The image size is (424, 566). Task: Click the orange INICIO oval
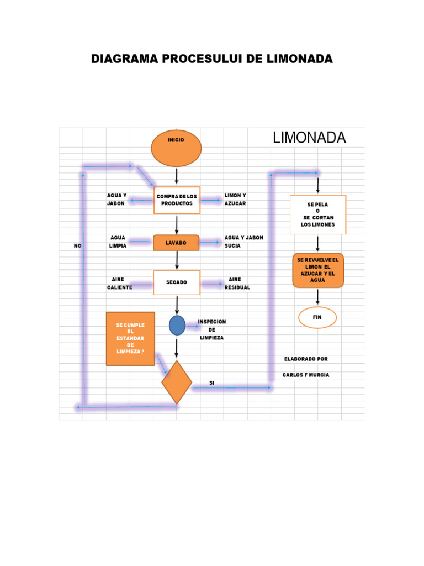click(176, 148)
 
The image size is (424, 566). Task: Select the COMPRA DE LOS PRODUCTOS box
click(177, 200)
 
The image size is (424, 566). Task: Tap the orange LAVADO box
click(176, 243)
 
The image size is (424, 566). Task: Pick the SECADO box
click(177, 282)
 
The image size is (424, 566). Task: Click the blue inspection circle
click(177, 325)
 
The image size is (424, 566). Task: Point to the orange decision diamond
click(177, 382)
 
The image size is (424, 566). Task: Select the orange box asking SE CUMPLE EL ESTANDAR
click(130, 338)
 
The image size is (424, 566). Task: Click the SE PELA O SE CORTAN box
click(318, 214)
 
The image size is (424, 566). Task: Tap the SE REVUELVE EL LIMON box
click(318, 270)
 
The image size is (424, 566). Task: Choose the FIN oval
click(317, 317)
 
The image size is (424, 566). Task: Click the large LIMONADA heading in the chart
click(309, 138)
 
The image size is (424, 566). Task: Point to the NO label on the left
click(77, 245)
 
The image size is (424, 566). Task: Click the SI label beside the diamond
click(211, 382)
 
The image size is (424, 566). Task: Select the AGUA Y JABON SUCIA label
click(243, 242)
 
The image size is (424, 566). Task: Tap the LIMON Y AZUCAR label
click(235, 200)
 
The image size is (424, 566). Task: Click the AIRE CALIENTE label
click(119, 284)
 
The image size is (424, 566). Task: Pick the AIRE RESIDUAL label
click(237, 284)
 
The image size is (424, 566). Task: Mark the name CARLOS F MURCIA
click(305, 375)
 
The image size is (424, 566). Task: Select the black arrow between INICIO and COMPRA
click(177, 176)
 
